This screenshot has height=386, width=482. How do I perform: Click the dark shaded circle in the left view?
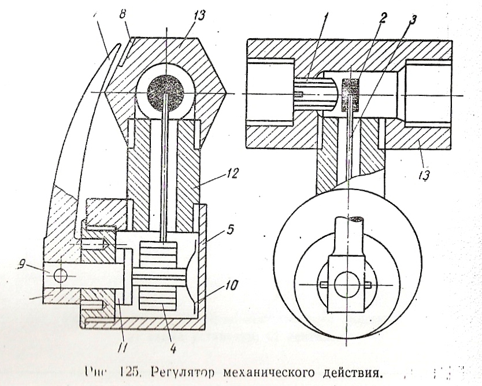[165, 92]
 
